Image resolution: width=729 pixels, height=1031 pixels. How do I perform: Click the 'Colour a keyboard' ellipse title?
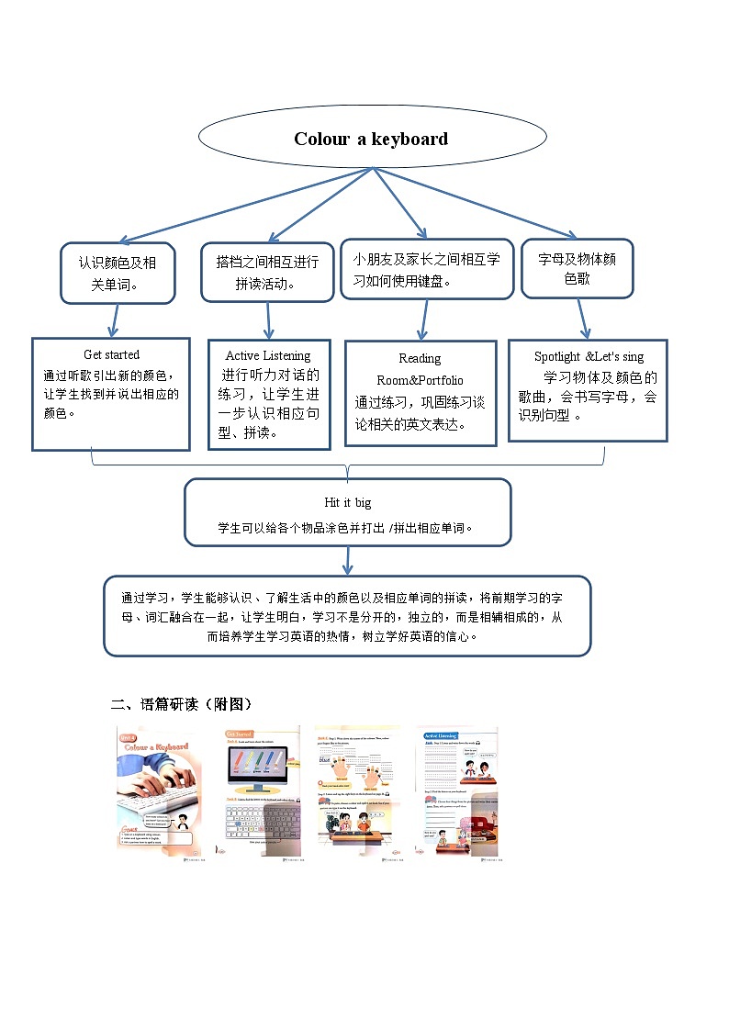tap(371, 140)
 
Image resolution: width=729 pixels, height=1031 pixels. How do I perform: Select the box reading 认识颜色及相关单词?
tap(118, 273)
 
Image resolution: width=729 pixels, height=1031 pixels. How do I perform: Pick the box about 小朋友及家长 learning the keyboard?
tap(426, 269)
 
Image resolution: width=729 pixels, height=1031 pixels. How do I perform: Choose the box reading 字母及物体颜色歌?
tap(577, 268)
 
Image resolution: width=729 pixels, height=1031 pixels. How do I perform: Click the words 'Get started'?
tap(111, 354)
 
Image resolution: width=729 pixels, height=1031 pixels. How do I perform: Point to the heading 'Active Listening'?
tap(268, 355)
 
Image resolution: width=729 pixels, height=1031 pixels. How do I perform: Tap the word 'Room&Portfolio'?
tap(420, 380)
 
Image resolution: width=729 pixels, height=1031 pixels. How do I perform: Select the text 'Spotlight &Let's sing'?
tap(589, 356)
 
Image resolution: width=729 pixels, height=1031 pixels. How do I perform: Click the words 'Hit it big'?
tap(348, 503)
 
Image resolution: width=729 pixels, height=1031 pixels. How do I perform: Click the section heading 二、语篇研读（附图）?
tap(181, 704)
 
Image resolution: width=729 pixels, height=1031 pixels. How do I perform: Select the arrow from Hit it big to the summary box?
tap(348, 559)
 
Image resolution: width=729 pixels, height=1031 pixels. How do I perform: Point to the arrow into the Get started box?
tap(115, 320)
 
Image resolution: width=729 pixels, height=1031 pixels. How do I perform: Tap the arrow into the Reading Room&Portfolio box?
tap(422, 320)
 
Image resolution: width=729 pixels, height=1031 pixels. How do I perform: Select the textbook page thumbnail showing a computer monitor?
tap(263, 791)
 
